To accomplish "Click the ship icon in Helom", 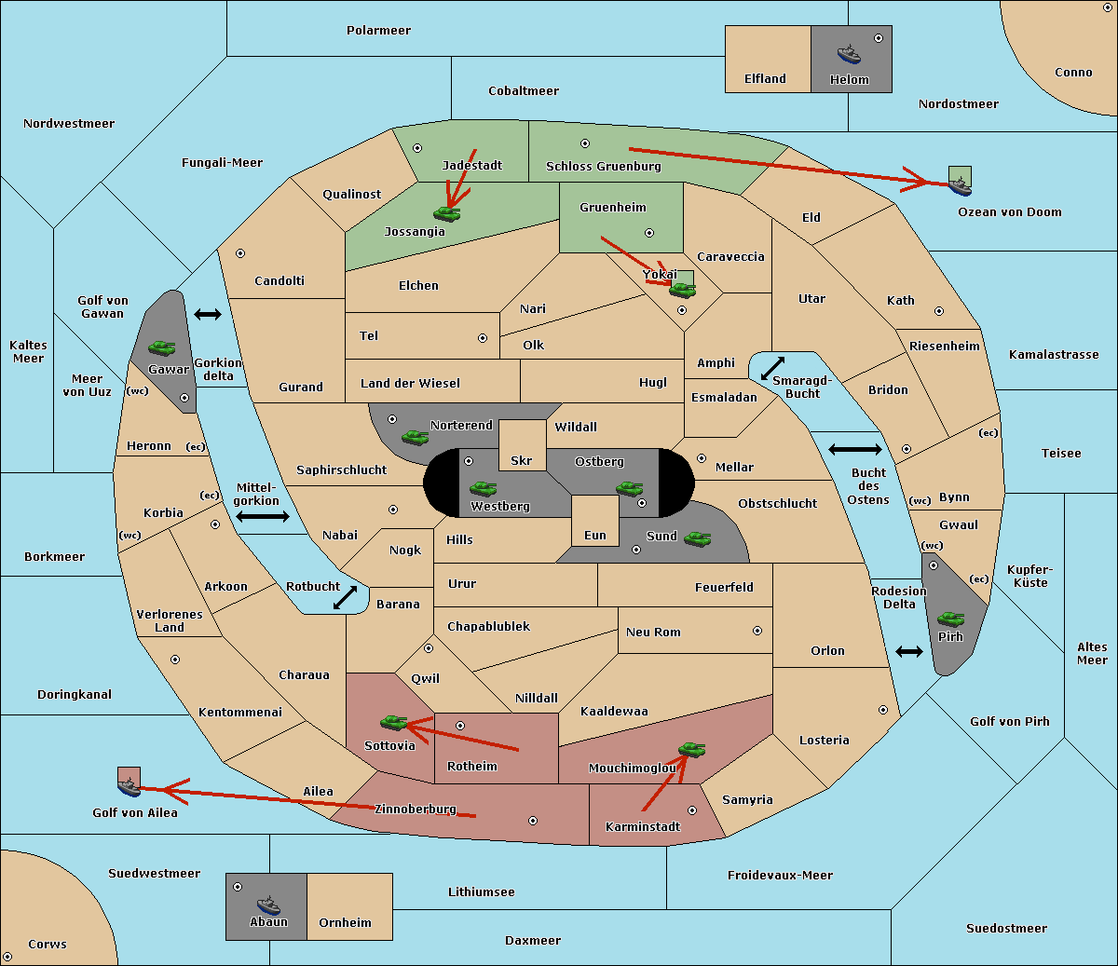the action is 849,54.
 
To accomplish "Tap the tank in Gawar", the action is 161,347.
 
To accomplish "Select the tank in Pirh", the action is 950,619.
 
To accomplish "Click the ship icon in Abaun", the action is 268,905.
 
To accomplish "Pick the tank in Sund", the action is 697,539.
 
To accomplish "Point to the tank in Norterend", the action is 415,438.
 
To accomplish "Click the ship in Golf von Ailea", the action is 129,787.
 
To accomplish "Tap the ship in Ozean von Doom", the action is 960,185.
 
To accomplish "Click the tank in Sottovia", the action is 393,722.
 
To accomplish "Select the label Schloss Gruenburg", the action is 603,166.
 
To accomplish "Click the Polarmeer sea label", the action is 378,31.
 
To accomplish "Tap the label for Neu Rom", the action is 653,632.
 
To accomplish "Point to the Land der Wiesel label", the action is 410,384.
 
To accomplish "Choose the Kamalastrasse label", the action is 1054,355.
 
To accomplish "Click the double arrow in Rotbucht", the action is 345,597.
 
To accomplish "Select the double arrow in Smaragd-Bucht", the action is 772,368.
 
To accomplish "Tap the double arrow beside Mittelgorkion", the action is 263,516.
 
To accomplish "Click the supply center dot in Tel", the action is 483,338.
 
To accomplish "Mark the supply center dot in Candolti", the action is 240,253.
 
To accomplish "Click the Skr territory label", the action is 521,460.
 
